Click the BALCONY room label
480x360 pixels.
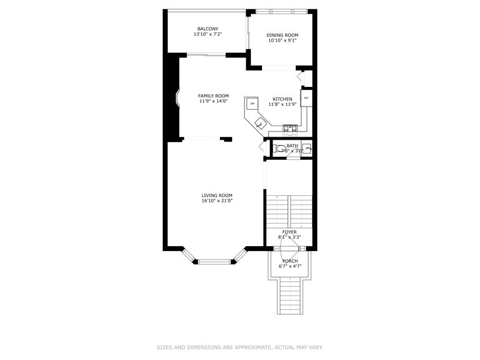208,29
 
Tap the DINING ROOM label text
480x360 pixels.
282,35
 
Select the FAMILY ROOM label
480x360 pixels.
213,96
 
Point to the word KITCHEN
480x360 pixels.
282,99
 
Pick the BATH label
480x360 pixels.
292,146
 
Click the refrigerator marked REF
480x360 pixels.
306,98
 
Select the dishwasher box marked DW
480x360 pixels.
252,103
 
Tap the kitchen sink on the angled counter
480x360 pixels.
260,124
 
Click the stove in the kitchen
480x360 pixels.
290,129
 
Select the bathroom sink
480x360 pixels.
307,149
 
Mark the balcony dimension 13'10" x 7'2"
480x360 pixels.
208,34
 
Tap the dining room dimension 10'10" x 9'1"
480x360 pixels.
282,40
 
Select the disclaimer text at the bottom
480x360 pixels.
239,347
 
